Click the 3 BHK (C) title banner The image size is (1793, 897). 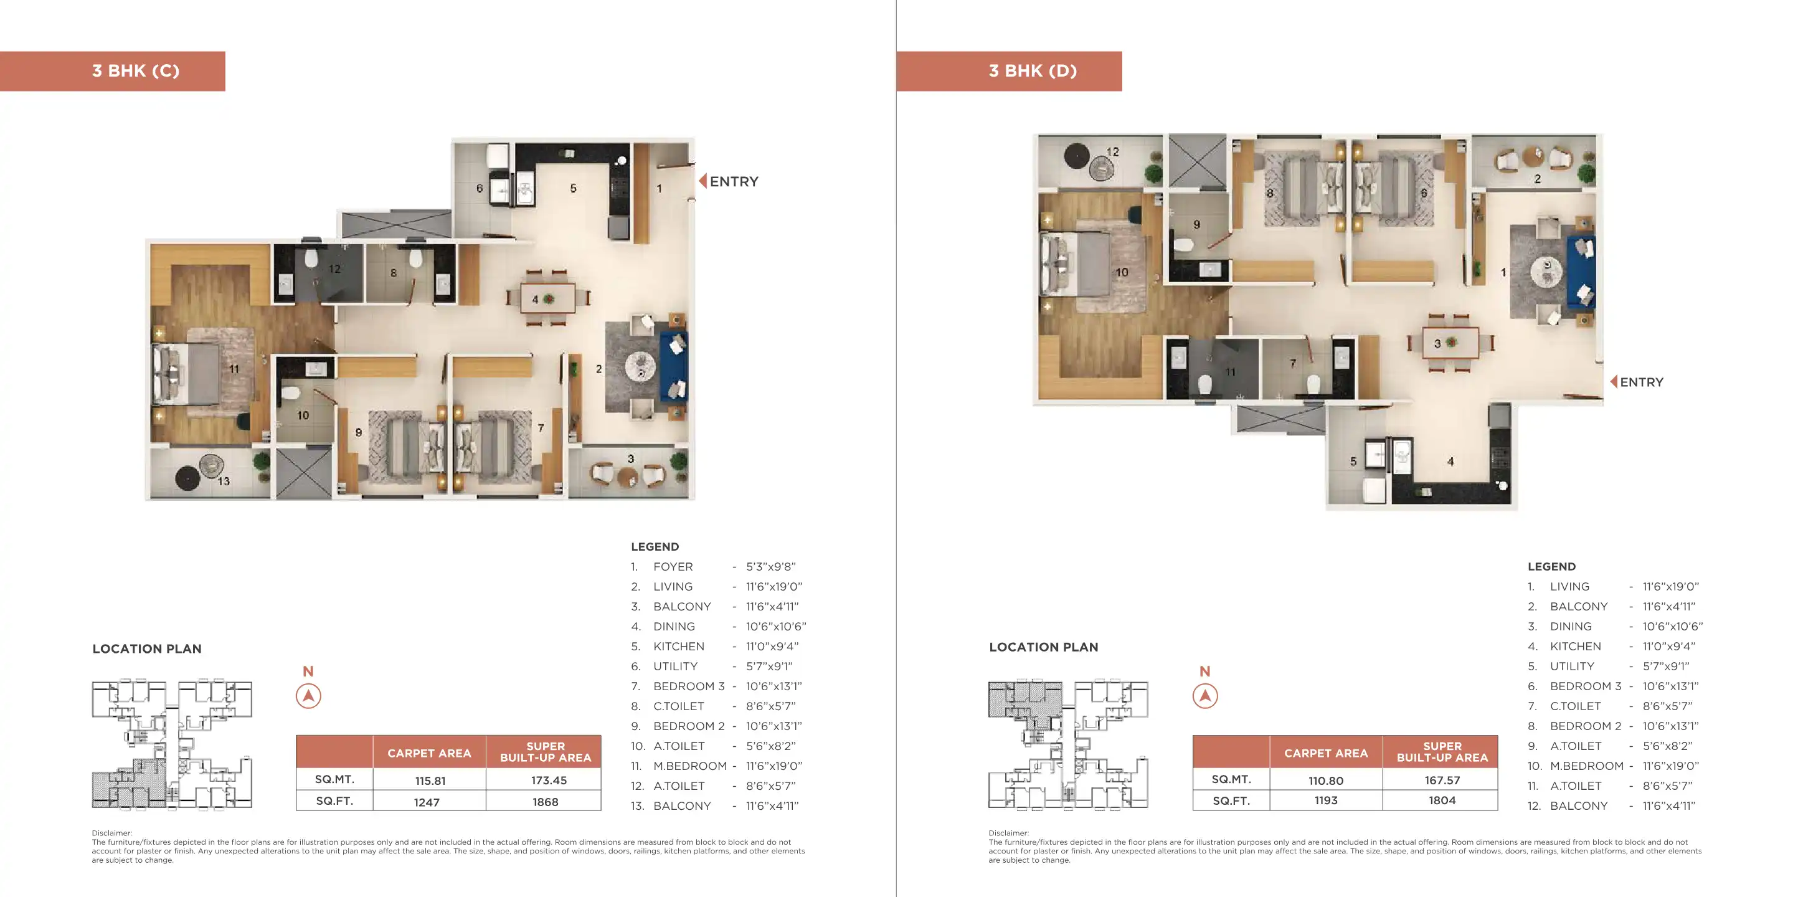point(112,71)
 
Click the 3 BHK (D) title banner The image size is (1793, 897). point(1010,71)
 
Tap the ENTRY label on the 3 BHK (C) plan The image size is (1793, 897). point(734,182)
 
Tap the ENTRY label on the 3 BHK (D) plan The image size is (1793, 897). point(1641,382)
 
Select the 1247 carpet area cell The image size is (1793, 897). point(427,802)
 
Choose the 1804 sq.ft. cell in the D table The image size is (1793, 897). point(1442,801)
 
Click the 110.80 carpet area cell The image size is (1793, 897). point(1326,781)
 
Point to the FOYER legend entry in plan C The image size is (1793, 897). point(714,567)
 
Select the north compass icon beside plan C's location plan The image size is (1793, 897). point(308,696)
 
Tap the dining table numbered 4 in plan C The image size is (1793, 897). point(548,300)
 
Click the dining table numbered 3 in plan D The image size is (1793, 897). point(1450,343)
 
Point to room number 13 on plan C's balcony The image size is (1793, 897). point(224,482)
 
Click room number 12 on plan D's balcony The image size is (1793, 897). point(1113,152)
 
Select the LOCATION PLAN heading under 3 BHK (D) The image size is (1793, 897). point(1043,647)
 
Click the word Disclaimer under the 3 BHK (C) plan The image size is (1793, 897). point(111,833)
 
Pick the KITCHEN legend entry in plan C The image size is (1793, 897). point(715,647)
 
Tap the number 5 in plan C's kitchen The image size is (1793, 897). point(574,188)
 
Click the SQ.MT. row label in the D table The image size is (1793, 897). point(1231,779)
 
